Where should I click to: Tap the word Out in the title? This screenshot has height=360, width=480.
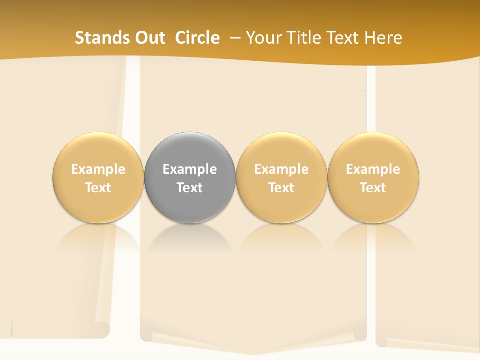149,38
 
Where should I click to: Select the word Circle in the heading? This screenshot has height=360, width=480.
197,38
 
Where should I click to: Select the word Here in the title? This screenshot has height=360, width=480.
383,38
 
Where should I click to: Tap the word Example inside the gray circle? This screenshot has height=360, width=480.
190,169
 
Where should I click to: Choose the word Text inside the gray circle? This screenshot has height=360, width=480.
190,188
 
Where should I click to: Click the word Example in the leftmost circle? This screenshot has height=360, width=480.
98,169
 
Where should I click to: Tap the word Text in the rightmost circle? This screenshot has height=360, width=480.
373,188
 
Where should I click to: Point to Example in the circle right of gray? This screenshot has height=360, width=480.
281,169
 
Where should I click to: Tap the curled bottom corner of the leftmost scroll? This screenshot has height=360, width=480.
102,329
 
